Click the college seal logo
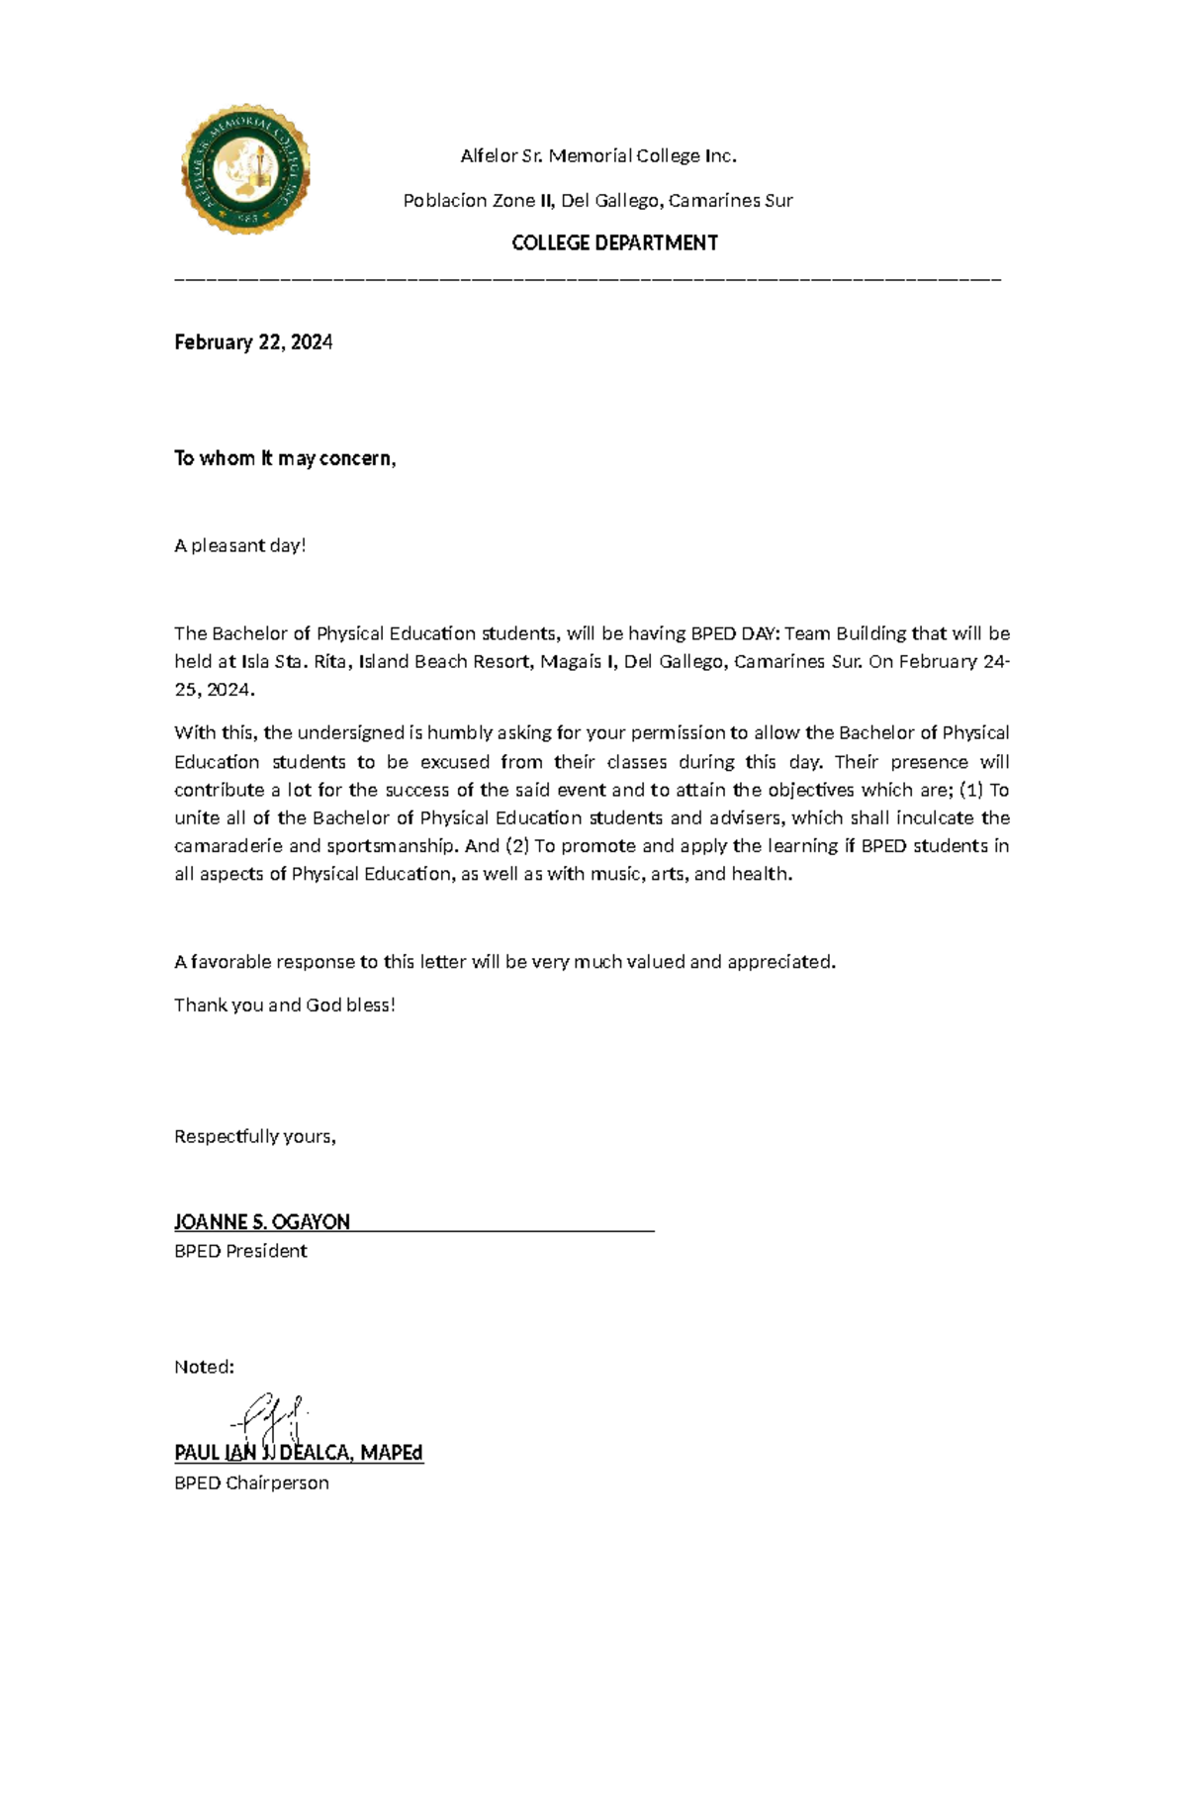[245, 169]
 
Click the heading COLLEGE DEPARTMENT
[614, 242]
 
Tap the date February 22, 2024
[253, 342]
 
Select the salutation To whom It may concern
[285, 458]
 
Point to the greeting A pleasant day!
[240, 545]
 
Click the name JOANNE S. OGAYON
[262, 1222]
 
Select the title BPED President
[240, 1251]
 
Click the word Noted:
[204, 1367]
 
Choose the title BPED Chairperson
[251, 1482]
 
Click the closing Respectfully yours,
[255, 1136]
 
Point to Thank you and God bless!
[285, 1004]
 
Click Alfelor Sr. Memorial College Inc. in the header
[598, 155]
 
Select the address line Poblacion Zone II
[597, 200]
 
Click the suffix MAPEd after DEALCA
[392, 1453]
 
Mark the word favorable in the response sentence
[230, 962]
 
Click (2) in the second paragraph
[517, 846]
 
